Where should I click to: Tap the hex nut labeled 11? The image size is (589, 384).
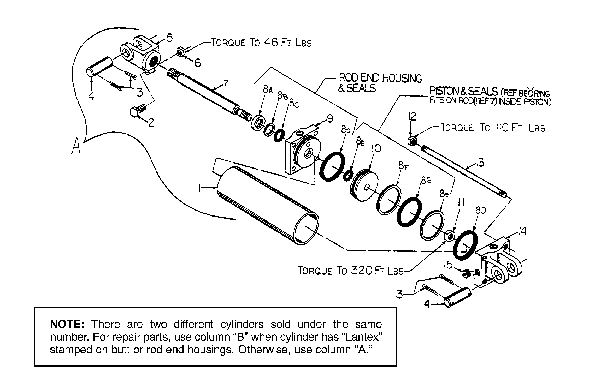(449, 236)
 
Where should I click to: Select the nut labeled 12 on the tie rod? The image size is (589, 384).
(412, 141)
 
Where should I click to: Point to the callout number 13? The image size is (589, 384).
(480, 163)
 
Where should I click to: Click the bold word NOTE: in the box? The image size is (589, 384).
(67, 324)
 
